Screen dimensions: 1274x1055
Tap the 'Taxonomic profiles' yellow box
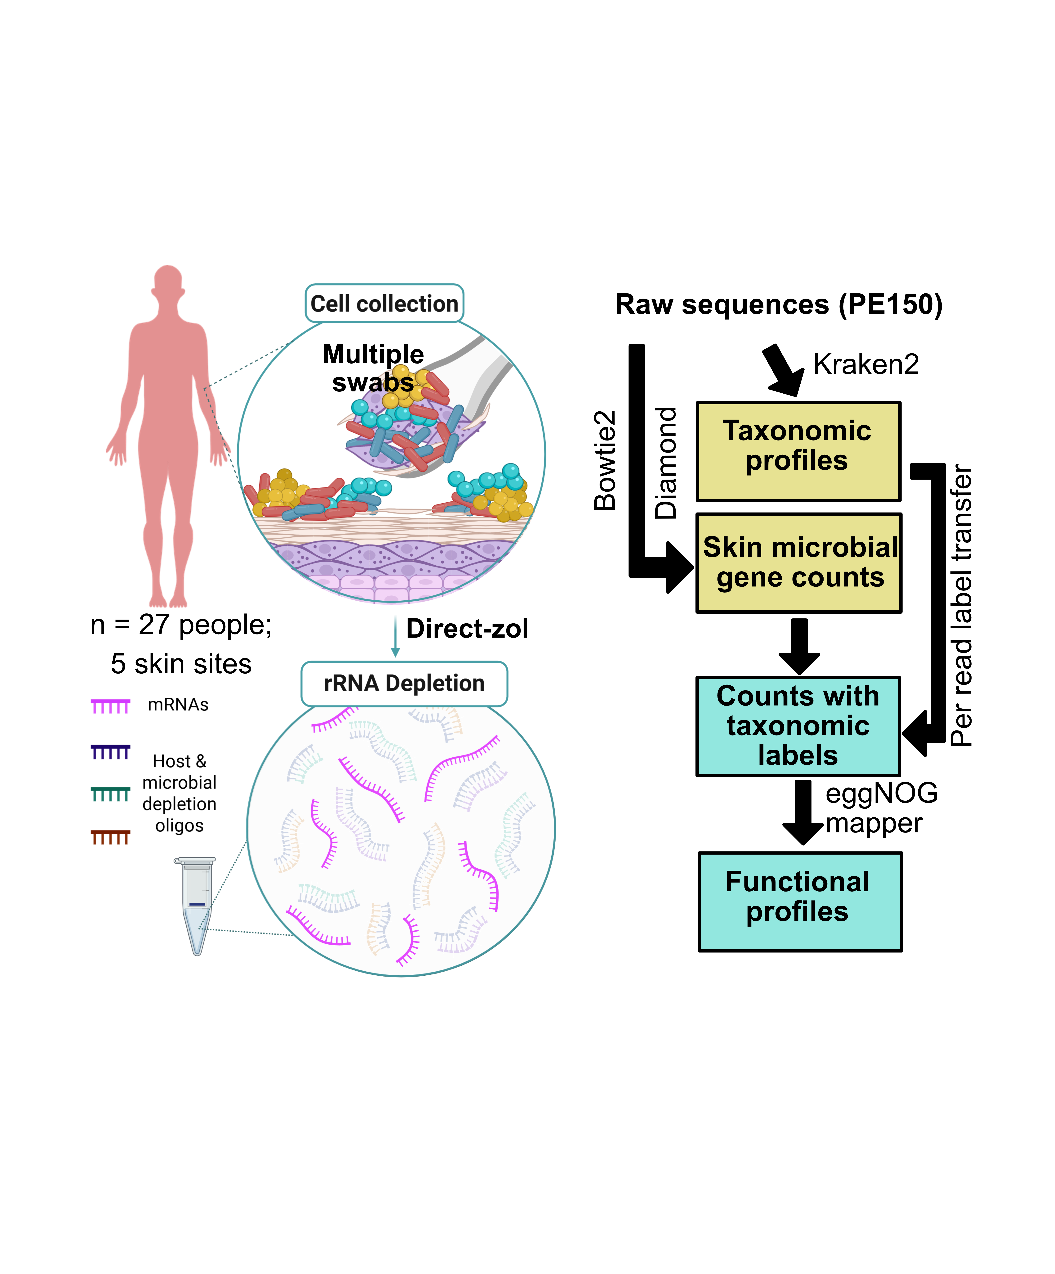click(x=798, y=451)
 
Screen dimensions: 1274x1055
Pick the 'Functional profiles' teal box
click(x=800, y=901)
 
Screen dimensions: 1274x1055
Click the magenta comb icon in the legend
click(x=110, y=706)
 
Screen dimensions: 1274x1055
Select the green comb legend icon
click(x=110, y=794)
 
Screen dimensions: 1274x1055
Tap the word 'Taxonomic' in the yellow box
click(x=797, y=431)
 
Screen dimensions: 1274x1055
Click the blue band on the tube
click(x=197, y=904)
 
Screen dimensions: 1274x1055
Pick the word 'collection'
click(x=407, y=303)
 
